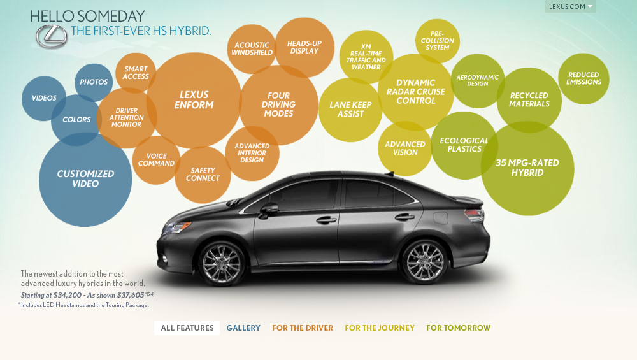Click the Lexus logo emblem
pos(51,37)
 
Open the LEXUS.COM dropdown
pos(570,7)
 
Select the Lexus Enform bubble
pos(194,100)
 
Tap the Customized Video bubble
pos(85,179)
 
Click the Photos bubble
pos(94,82)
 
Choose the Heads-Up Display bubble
pos(304,47)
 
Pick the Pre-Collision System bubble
pos(437,41)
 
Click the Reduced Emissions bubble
pos(583,78)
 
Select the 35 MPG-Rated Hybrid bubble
pos(527,168)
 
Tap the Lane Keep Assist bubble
pos(350,110)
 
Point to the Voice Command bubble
pos(156,160)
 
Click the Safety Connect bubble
pos(203,175)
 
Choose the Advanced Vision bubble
pos(405,148)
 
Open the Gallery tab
pos(243,328)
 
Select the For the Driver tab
pos(303,328)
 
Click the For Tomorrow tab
pos(459,328)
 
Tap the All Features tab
pos(187,328)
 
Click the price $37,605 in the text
pos(127,295)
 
